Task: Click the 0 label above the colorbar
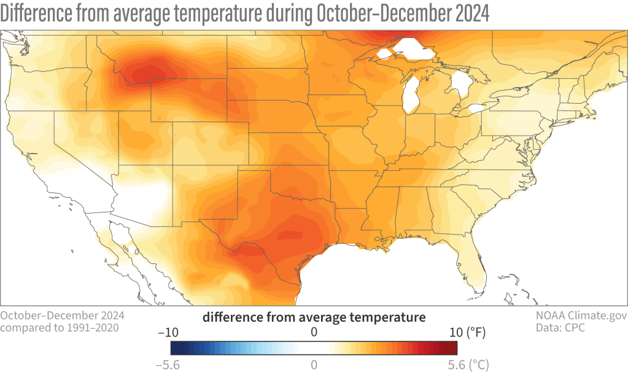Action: tap(314, 332)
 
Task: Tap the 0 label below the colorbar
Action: tap(314, 364)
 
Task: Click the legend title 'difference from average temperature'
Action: tap(314, 317)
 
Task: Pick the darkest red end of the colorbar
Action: tap(454, 348)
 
